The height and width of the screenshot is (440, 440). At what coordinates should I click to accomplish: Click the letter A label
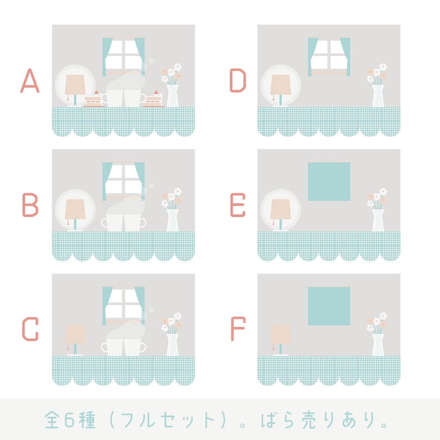tap(30, 81)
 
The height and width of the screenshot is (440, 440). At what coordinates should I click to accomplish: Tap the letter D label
tap(238, 81)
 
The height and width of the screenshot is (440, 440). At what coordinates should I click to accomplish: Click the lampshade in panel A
tap(75, 84)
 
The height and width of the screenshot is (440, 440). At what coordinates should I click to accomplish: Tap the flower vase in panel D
tap(378, 95)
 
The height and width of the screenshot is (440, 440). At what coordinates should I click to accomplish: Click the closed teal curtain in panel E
tap(329, 182)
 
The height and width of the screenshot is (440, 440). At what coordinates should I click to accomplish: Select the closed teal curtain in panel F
tap(329, 306)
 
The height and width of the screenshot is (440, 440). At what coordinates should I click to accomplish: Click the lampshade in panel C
tap(75, 334)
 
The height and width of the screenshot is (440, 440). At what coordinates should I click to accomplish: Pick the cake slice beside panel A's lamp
tap(93, 101)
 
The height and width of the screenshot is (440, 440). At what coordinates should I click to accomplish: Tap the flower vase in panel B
tap(172, 220)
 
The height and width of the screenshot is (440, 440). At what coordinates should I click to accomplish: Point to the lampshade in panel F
tap(280, 334)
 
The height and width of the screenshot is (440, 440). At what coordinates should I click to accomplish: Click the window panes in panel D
tap(329, 55)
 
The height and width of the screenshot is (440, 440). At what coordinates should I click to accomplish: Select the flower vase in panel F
tap(378, 345)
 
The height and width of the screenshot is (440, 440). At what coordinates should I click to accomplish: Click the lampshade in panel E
tap(280, 209)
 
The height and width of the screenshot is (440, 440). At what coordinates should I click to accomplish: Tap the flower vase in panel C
tap(172, 345)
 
